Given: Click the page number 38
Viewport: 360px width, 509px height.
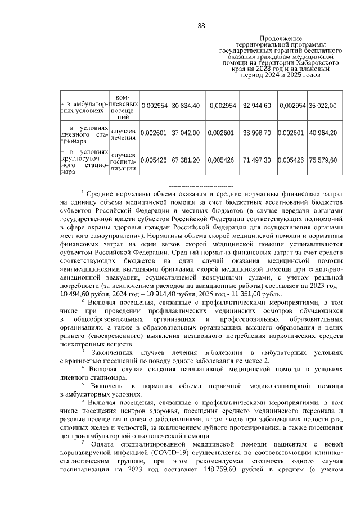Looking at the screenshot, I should coord(201,25).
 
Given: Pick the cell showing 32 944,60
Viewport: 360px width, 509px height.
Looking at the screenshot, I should coord(257,106).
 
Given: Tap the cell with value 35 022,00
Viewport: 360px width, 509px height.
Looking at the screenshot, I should coord(322,106).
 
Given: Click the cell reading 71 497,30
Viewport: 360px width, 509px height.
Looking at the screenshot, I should coord(257,160).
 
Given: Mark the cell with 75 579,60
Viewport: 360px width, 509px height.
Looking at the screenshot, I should coord(322,160).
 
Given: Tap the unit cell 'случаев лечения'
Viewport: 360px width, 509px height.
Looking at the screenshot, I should coord(123,133).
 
